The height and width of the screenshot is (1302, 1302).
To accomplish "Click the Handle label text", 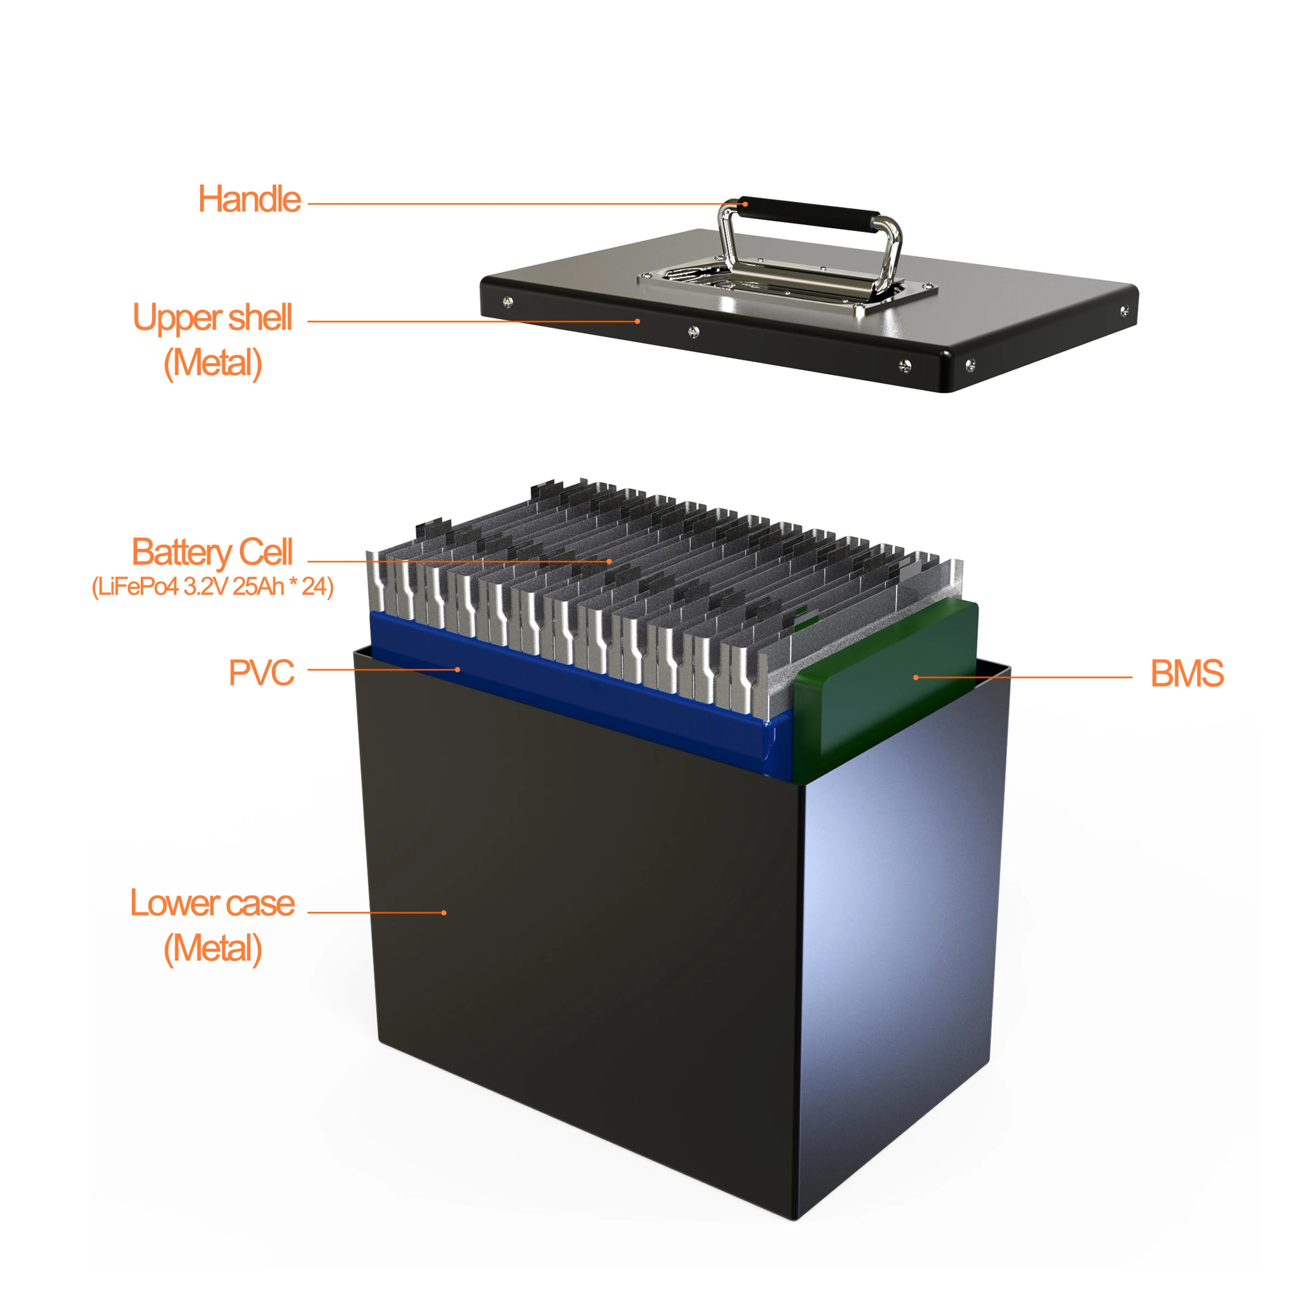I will click(x=249, y=200).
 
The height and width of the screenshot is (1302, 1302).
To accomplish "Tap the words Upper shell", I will click(x=212, y=318).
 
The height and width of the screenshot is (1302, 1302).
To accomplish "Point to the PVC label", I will click(x=262, y=673).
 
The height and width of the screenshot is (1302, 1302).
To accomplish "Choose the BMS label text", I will click(x=1187, y=673).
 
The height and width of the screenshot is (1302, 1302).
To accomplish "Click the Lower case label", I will click(x=212, y=903).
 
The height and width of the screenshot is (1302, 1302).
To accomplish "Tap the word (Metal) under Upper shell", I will click(x=212, y=363).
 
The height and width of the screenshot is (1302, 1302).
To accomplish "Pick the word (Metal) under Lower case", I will click(x=212, y=948).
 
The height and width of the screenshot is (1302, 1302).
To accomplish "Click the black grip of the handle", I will click(x=809, y=210).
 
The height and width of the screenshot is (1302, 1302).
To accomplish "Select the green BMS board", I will click(x=889, y=681).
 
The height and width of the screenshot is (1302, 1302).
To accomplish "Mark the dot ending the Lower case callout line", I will click(x=443, y=912).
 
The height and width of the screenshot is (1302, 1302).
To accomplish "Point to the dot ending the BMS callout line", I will click(x=915, y=677).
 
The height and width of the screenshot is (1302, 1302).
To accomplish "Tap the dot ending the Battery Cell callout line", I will click(x=609, y=561).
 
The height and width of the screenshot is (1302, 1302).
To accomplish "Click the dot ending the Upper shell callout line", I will click(x=638, y=322).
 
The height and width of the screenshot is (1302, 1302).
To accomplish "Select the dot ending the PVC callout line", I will click(x=458, y=669).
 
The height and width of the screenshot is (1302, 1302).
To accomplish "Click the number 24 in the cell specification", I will click(x=314, y=587).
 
